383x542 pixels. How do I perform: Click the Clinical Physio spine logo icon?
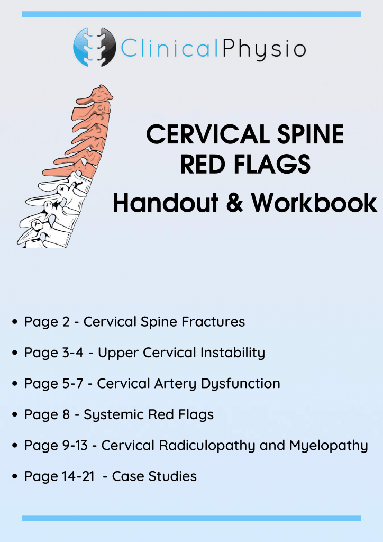coord(94,47)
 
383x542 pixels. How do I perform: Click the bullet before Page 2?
coord(15,322)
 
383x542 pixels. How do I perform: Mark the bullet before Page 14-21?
coord(15,476)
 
